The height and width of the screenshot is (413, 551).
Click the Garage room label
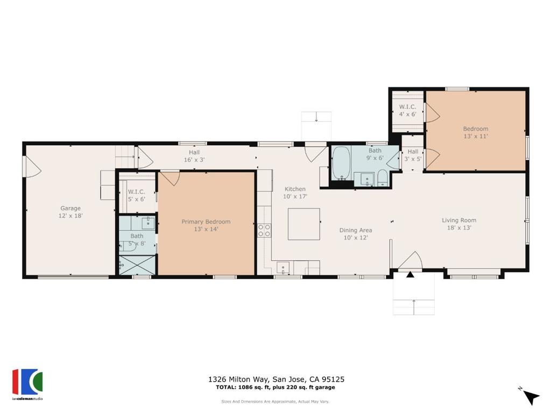tap(70, 208)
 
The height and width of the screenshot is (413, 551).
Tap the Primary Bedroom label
tap(206, 222)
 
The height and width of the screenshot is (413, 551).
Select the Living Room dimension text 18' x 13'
tap(459, 227)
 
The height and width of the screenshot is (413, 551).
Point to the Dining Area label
tap(356, 230)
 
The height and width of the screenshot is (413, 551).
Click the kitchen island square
tap(304, 224)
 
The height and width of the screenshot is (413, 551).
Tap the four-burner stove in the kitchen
tap(264, 230)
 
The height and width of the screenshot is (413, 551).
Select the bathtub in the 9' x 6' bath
tap(341, 163)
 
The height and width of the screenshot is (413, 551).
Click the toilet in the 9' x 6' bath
tap(383, 177)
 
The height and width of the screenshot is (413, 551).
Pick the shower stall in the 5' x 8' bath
tap(137, 265)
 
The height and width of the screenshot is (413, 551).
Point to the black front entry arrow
tap(410, 274)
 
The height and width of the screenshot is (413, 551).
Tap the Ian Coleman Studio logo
tap(27, 384)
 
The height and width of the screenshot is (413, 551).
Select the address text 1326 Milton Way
tap(238, 379)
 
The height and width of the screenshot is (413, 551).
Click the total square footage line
tap(275, 387)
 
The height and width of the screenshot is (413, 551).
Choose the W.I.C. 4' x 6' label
tap(408, 110)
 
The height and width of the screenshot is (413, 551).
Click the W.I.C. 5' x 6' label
tap(136, 195)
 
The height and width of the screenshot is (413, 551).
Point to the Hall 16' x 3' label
tap(194, 156)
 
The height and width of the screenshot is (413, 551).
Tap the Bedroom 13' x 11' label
tap(476, 132)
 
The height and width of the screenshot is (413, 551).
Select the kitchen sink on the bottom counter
tap(283, 268)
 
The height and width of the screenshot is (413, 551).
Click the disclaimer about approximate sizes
tap(275, 401)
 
